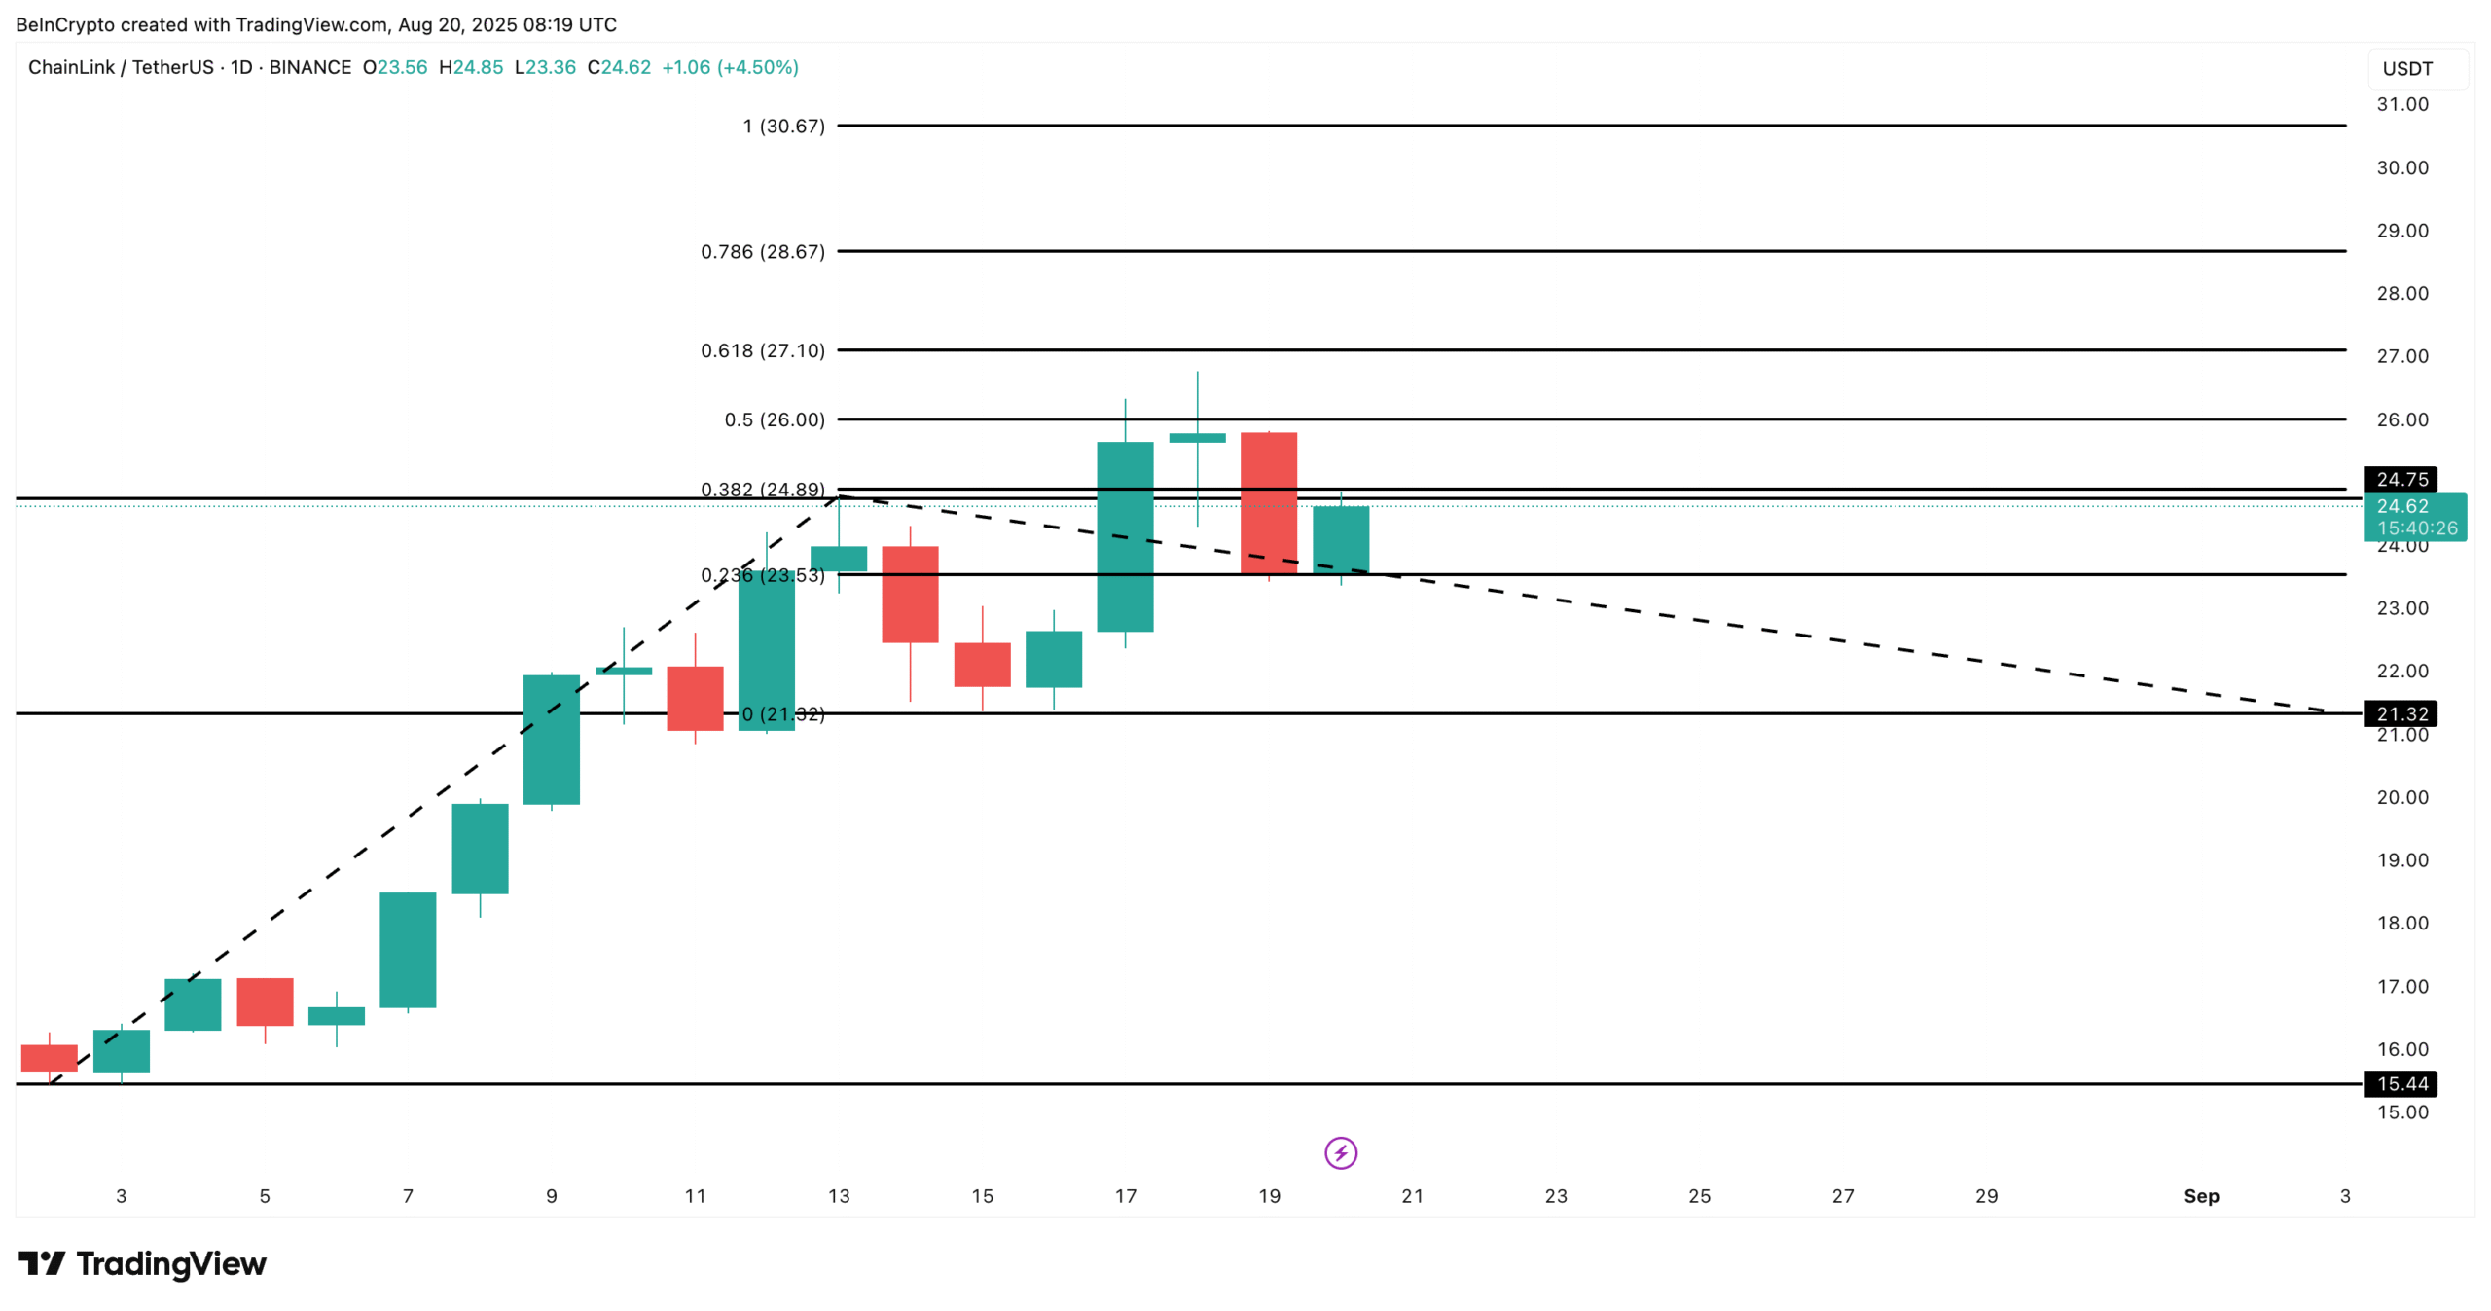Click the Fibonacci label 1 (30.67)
tap(782, 127)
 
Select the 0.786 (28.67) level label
tap(762, 252)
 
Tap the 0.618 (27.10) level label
tap(762, 350)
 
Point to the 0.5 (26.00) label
tap(774, 419)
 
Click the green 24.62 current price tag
tap(2413, 516)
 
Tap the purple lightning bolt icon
tap(1340, 1153)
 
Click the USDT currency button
tap(2406, 69)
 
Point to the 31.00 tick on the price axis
tap(2401, 104)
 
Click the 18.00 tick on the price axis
tap(2401, 923)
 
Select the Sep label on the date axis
tap(2200, 1196)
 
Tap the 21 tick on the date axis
tap(1412, 1196)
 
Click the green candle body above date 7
tap(408, 950)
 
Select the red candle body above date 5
tap(265, 1001)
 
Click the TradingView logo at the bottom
tap(142, 1263)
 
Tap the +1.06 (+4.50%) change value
tap(730, 67)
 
